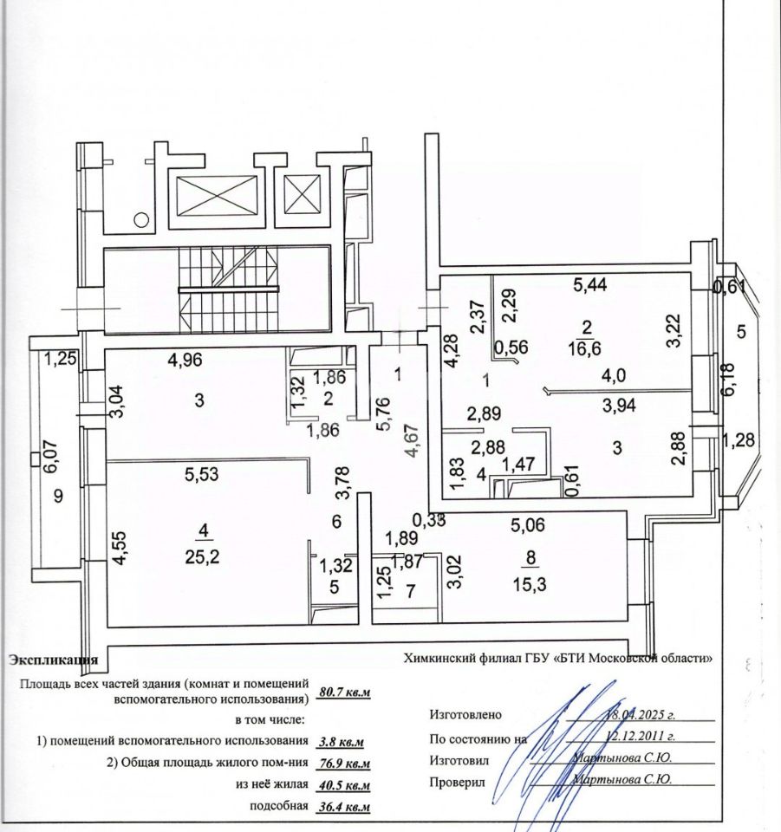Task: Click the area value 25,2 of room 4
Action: tap(201, 556)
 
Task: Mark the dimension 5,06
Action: tap(529, 523)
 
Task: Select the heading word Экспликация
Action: tap(53, 660)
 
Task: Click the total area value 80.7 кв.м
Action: tap(345, 692)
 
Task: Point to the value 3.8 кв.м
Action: tap(342, 742)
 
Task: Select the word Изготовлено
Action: tap(465, 716)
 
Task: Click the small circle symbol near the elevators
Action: tap(139, 221)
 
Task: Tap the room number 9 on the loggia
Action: tap(59, 497)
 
